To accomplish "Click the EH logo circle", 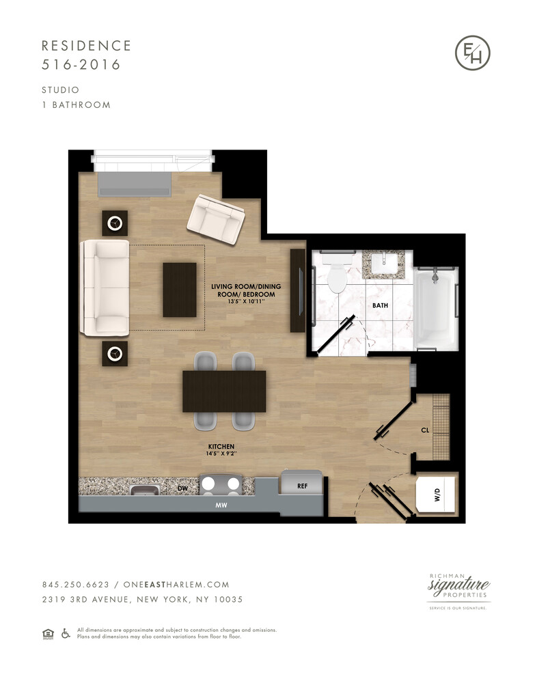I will coord(473,53).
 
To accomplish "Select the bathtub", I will coord(435,307).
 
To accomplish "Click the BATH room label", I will coord(380,307).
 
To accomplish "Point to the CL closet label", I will coord(425,431).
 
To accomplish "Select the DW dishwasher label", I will coord(182,489).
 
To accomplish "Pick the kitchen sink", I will coord(144,490).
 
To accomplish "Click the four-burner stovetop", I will coord(220,486).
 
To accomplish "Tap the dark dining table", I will coord(224,391).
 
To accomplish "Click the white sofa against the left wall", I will coord(105,288).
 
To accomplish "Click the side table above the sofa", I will coord(115,223).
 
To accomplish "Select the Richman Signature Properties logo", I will coord(458,589).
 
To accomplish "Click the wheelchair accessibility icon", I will coord(66,633).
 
